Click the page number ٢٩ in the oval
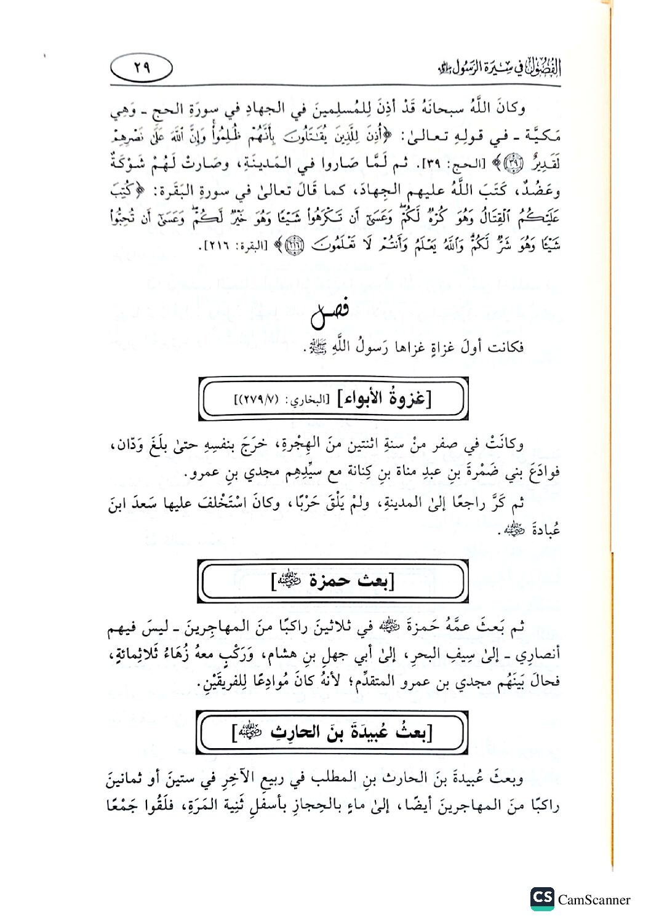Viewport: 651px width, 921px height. tap(142, 67)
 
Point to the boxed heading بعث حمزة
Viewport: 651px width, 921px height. tap(332, 580)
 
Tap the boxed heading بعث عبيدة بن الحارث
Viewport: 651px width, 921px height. tap(332, 732)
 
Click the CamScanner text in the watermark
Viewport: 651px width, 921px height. tap(594, 899)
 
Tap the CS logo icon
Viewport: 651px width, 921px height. tap(541, 898)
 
